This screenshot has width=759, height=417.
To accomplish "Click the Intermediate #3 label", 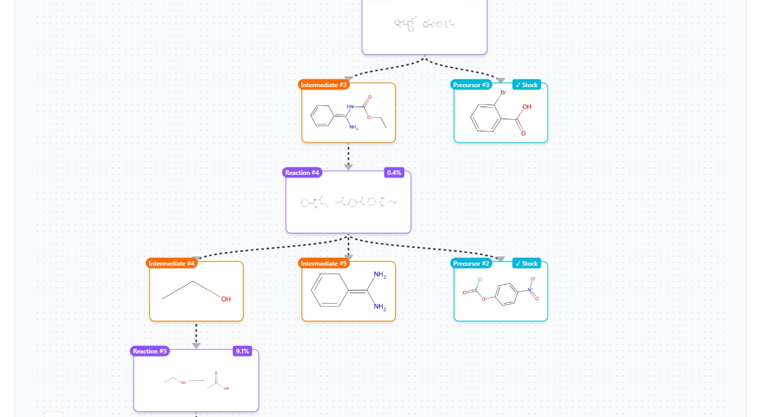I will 324,85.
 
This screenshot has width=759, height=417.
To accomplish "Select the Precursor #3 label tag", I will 471,85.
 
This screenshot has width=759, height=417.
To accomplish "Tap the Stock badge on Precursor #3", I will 526,85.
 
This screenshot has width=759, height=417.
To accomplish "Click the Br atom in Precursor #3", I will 503,93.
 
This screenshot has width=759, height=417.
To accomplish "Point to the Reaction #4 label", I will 302,173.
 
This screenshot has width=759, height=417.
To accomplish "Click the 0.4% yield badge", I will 394,173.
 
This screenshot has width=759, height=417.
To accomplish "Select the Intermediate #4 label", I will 172,264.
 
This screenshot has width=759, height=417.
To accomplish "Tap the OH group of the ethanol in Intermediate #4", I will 226,299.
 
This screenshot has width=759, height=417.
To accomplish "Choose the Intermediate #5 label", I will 324,264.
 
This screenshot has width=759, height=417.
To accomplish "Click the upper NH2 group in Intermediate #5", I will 380,275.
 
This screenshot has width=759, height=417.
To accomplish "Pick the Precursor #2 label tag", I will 471,264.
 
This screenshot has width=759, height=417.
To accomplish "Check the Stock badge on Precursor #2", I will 526,264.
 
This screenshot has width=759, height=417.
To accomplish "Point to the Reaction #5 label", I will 150,351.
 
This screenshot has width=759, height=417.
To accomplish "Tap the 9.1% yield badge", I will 242,351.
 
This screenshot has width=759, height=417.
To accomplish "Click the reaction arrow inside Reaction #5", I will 197,380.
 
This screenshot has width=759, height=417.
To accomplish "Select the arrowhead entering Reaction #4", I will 348,167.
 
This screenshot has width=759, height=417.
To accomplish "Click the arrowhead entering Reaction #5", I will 196,345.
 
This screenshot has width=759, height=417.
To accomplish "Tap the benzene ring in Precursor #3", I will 487,117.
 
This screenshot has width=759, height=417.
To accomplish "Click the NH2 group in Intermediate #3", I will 353,128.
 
